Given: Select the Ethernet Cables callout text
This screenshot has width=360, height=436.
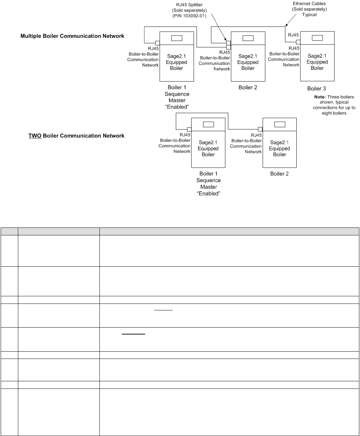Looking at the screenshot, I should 309,4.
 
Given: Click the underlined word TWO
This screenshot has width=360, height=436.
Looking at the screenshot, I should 35,136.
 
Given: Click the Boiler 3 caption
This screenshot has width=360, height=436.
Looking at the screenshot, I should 316,88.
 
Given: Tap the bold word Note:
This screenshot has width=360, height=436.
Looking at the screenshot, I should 320,97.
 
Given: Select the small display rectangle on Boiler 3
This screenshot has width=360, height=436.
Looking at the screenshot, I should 317,38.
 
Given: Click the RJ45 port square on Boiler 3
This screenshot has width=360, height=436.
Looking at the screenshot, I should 298,42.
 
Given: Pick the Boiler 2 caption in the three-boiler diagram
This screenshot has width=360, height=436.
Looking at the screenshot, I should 248,87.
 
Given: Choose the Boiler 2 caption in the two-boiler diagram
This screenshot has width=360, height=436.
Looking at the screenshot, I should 279,174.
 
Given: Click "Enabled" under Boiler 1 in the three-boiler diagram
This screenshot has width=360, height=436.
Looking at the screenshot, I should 177,107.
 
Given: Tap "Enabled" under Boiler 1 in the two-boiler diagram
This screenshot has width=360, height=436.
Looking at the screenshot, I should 208,193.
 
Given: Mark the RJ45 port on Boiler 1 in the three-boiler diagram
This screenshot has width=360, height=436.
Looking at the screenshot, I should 157,43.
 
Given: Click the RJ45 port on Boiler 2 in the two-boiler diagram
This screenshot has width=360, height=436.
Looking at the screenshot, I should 260,129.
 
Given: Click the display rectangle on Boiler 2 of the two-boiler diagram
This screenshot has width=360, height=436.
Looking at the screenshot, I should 279,125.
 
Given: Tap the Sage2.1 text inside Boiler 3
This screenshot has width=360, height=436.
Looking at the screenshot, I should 317,56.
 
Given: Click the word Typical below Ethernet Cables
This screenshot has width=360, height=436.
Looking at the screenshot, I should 309,15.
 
